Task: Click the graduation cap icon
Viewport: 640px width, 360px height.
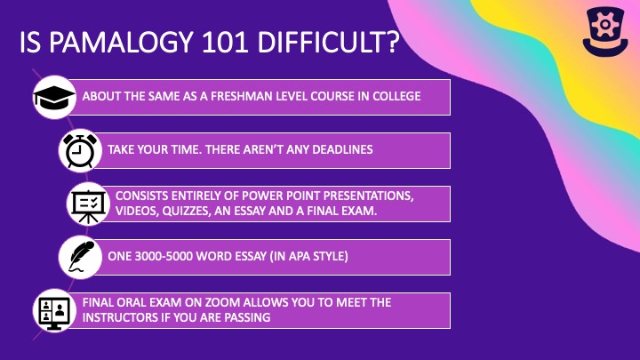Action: pos(54,98)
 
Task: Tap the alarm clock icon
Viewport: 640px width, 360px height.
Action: pos(80,150)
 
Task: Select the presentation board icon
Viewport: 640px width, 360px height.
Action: pos(88,204)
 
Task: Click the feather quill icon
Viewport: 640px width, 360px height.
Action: pos(81,257)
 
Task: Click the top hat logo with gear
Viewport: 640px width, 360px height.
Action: pos(605,31)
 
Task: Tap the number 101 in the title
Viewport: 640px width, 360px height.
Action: pos(225,42)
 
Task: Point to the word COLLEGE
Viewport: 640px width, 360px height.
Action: pos(396,96)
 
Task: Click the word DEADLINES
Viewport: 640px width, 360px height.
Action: pos(342,149)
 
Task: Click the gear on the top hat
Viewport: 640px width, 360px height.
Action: pos(605,24)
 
